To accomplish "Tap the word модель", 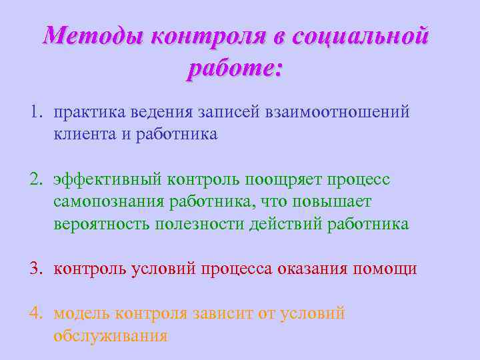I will pos(81,313).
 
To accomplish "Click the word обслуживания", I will pos(111,335).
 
